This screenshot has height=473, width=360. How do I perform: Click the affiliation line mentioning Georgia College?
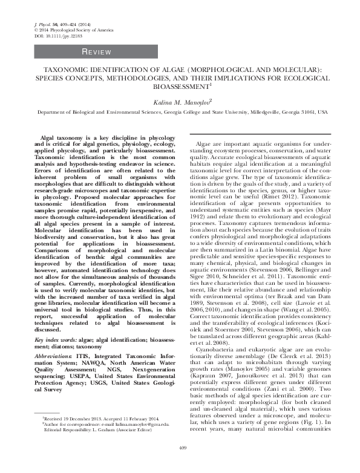point(180,113)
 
